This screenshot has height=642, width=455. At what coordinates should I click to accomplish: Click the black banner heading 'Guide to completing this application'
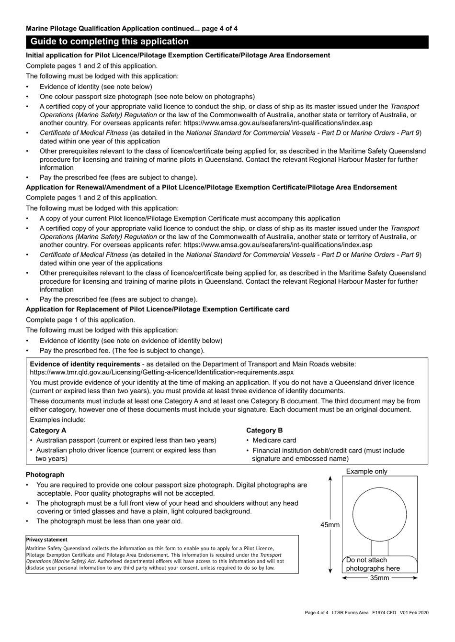point(110,42)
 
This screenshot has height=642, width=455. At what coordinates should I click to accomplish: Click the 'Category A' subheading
point(48,430)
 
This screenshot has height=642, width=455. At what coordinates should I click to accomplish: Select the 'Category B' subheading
point(264,430)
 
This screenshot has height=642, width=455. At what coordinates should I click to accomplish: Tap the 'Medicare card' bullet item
point(274,440)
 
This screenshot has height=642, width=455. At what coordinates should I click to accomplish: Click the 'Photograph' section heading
point(45,475)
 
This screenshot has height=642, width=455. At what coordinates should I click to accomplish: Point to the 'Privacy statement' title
point(46,540)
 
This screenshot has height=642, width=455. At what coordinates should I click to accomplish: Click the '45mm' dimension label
point(330,525)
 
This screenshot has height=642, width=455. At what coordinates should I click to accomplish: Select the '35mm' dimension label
point(380,578)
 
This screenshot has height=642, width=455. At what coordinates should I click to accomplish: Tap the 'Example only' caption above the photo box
point(366,471)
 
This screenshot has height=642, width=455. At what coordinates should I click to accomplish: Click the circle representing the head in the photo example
point(379,513)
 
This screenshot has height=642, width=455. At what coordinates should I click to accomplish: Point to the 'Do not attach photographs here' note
point(373,564)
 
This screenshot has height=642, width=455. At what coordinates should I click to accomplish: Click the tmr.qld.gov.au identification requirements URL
point(161,372)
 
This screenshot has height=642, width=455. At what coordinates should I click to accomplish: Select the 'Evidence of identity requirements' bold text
point(85,364)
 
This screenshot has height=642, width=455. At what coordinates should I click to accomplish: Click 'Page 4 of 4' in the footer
point(317,613)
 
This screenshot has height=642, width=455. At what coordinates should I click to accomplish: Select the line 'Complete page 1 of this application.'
point(80,320)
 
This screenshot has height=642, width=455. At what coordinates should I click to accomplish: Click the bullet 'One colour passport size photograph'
point(147,96)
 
